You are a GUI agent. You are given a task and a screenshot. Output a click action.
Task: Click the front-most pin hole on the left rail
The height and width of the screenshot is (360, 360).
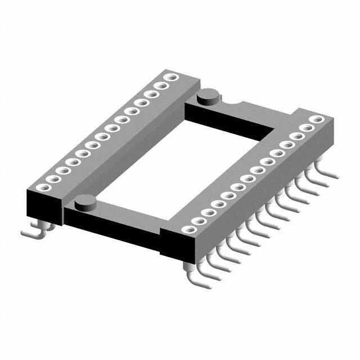point(42,187)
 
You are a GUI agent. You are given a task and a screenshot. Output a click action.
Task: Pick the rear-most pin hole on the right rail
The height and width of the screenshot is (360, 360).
point(318,119)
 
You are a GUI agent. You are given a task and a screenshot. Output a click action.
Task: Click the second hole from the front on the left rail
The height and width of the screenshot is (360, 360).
point(52,179)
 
